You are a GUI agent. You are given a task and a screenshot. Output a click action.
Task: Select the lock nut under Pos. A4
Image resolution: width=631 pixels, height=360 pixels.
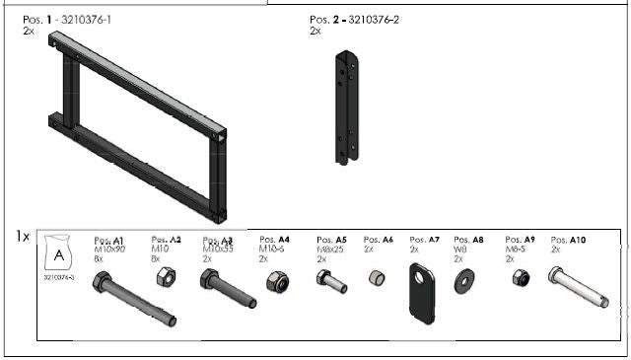click(x=275, y=283)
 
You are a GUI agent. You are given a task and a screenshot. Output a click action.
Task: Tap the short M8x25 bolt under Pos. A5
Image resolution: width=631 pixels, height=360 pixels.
click(x=331, y=282)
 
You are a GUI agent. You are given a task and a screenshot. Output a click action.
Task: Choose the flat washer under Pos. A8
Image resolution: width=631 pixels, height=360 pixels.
click(x=462, y=284)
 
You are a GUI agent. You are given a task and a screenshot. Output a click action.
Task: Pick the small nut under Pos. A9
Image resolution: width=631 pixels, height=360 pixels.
click(x=520, y=280)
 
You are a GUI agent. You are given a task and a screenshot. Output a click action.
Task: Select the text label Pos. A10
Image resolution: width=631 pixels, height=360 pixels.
click(x=568, y=240)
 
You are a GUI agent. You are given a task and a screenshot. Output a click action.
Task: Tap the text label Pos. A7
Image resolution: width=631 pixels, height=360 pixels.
click(x=421, y=240)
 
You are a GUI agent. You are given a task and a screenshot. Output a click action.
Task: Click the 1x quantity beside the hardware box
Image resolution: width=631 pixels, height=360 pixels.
click(x=23, y=236)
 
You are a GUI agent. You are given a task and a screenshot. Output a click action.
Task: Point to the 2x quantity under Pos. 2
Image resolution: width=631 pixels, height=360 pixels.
click(x=315, y=31)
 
